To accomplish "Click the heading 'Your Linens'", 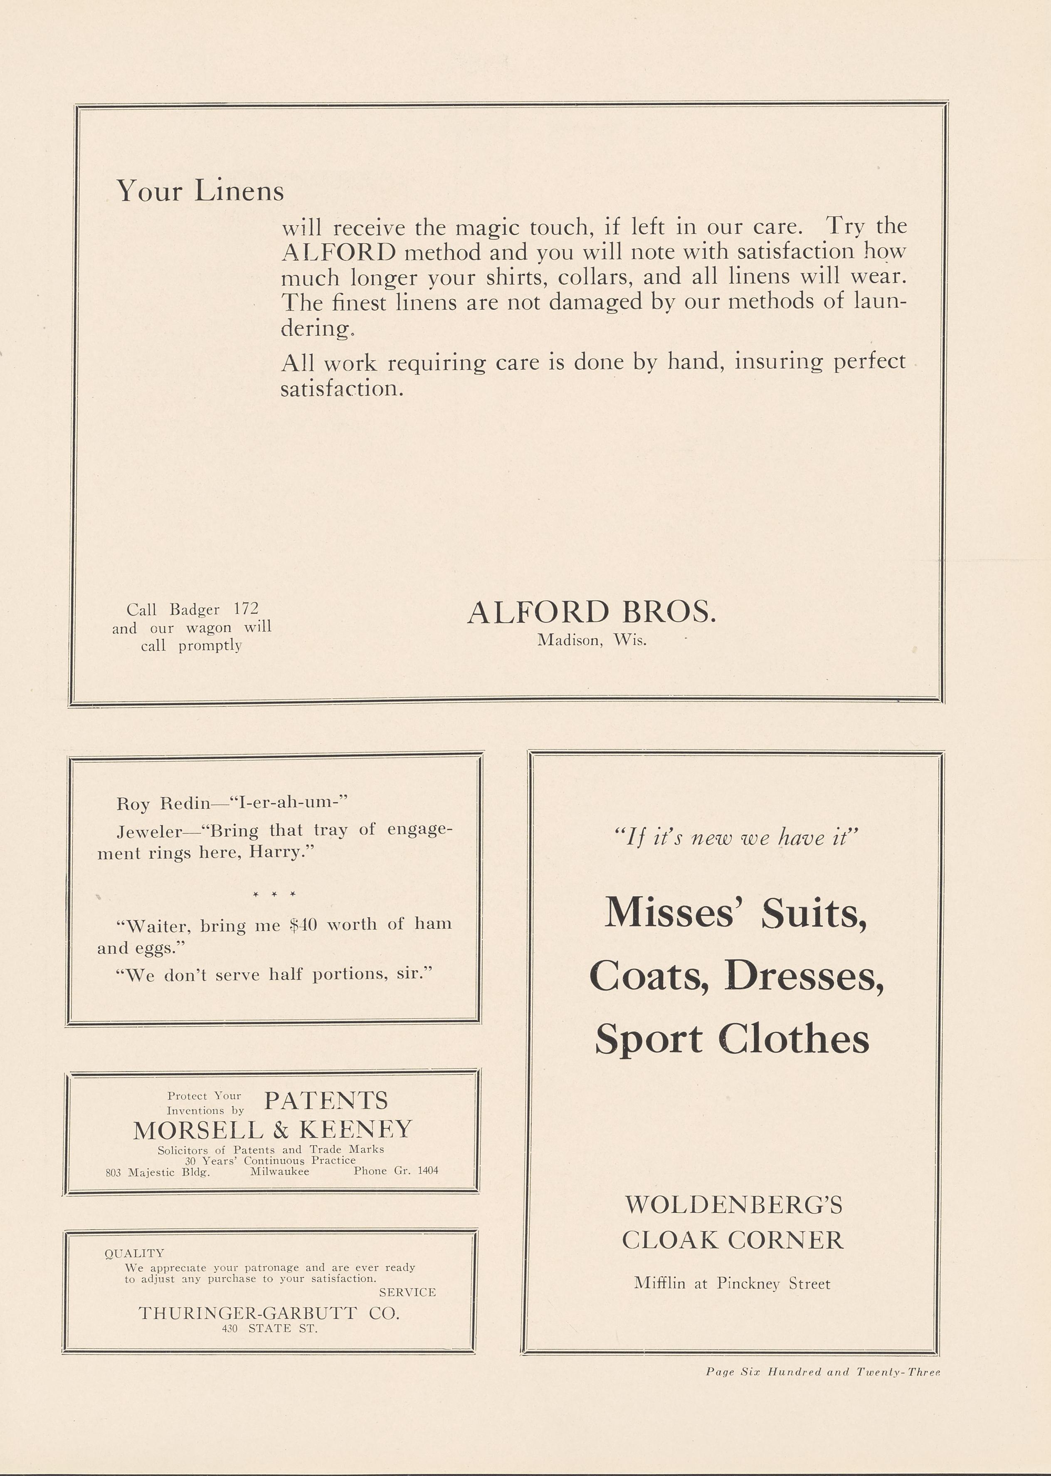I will point(200,190).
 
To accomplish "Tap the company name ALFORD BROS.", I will point(592,612).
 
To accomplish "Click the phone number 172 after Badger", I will point(246,608).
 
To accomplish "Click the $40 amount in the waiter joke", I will point(303,925).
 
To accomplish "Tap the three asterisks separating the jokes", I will point(274,894).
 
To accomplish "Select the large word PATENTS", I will point(326,1100).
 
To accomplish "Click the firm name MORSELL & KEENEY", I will point(272,1130).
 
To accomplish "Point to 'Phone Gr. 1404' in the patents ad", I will point(396,1170).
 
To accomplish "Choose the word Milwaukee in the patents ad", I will point(279,1171).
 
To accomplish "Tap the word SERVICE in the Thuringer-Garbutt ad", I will point(407,1292).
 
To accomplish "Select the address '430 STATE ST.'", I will point(269,1328).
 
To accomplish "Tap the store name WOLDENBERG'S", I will point(734,1205).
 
